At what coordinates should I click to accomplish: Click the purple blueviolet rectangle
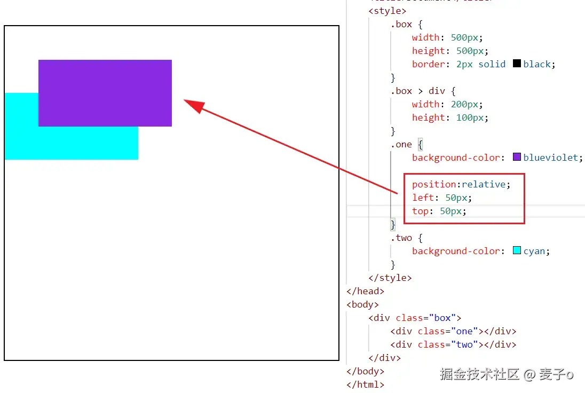[105, 93]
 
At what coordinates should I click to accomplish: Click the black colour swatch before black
[517, 64]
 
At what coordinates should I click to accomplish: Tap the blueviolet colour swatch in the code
[517, 157]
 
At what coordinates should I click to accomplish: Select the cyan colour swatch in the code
[517, 250]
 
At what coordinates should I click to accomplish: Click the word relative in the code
[484, 184]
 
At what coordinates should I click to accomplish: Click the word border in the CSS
[428, 64]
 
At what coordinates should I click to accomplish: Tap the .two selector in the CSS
[401, 238]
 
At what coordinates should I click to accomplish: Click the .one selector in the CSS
[401, 144]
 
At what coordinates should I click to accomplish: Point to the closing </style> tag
[390, 278]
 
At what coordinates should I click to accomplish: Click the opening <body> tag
[363, 304]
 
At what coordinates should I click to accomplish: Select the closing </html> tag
[365, 384]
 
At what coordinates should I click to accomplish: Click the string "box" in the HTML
[442, 318]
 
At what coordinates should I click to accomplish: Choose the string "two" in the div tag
[464, 344]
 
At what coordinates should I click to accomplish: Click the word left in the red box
[423, 198]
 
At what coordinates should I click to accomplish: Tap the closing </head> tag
[365, 291]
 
